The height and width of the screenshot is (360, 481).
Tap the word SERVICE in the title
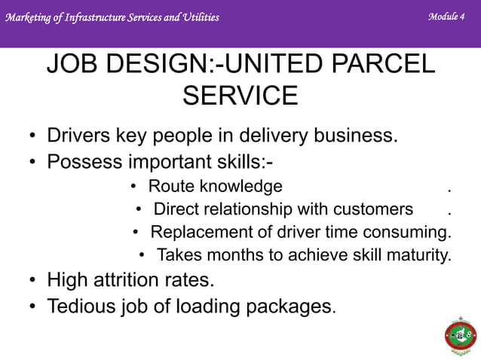(x=240, y=96)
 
